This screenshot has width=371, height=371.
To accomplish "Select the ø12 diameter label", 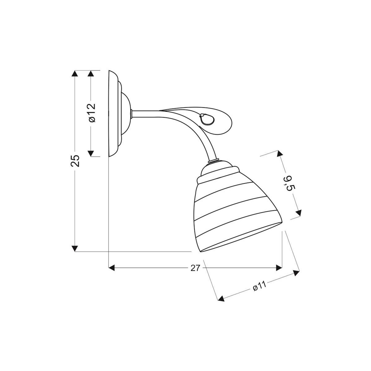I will coord(92,113).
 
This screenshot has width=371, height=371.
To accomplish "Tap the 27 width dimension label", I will coord(195,268).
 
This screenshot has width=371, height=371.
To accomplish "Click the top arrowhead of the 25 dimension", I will coord(75,74).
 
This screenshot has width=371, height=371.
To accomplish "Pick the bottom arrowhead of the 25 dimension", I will coord(75,249).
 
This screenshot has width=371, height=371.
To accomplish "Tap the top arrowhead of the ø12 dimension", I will coord(91,74).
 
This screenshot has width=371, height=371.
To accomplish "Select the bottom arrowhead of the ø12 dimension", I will coord(91,153).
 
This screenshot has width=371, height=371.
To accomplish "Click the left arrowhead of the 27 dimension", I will coord(112,267).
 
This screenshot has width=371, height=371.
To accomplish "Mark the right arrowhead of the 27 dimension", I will coord(279,267).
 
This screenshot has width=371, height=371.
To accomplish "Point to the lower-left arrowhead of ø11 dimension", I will coord(221,298).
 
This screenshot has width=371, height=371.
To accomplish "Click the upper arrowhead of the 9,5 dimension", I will coord(280,154).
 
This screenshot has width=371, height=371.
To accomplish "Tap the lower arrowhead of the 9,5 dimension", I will coord(298,213).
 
